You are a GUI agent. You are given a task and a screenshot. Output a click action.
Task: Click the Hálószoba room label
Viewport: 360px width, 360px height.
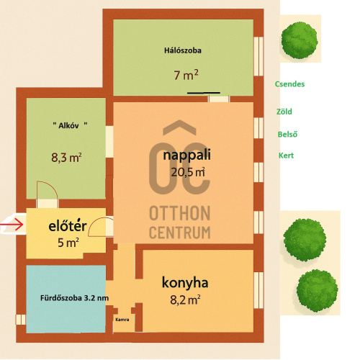point(183,50)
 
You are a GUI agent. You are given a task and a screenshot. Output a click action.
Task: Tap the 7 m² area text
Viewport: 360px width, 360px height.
point(186,75)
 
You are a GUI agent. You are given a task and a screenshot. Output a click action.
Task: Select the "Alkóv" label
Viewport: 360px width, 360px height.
point(70,125)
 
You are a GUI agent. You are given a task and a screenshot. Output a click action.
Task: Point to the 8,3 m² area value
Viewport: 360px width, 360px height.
point(66,158)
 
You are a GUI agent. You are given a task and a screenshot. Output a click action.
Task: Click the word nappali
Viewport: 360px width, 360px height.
point(186,156)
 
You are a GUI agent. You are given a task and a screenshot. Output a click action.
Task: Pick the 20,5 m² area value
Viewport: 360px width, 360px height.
point(188,172)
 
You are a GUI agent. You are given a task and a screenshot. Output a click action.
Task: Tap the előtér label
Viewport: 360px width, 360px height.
point(68,225)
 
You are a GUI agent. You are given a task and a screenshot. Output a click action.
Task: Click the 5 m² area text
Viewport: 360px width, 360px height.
point(68,243)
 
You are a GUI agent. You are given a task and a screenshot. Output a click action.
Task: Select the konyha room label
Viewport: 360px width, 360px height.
point(185,283)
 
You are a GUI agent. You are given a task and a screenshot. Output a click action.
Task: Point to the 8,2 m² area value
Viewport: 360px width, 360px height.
point(185,300)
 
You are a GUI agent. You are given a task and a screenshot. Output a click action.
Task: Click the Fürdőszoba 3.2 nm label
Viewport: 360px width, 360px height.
point(74,298)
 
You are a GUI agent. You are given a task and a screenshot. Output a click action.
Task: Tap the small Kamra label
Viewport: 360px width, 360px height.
point(122,320)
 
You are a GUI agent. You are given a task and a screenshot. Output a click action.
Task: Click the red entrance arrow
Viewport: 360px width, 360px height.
point(12,225)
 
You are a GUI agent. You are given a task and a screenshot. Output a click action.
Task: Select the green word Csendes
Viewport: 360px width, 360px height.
point(289,84)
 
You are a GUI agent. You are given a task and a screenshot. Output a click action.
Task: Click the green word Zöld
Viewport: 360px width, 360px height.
point(284,112)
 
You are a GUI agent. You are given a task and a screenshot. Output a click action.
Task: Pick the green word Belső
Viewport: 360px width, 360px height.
point(287,134)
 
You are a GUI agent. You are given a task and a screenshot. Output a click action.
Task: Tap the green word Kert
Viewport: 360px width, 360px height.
point(286,156)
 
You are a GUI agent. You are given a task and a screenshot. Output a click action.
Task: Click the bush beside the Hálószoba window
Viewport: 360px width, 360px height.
point(300,40)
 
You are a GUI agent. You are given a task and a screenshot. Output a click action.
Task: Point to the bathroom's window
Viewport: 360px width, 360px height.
point(21,320)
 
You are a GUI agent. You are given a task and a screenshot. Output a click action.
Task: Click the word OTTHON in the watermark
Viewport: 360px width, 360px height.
point(180,213)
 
